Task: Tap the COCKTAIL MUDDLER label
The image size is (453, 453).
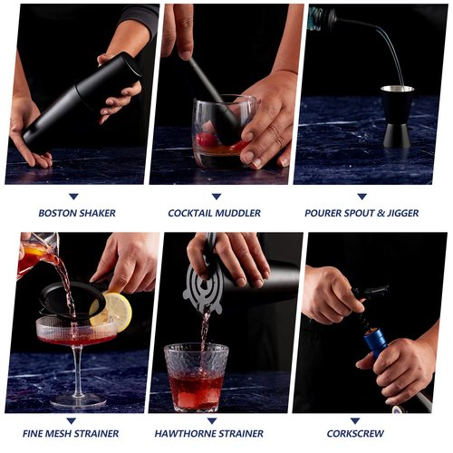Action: click(215, 213)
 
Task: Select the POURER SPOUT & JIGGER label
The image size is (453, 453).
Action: click(361, 213)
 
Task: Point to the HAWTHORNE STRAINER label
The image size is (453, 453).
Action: click(215, 433)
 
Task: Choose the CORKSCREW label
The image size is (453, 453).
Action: click(361, 433)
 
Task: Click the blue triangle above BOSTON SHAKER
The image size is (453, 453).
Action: click(73, 196)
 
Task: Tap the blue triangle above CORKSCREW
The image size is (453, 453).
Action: click(361, 416)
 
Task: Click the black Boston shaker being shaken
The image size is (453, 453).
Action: click(82, 100)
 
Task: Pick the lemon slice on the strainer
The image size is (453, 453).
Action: click(117, 311)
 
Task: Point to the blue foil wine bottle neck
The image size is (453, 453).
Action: click(376, 343)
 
